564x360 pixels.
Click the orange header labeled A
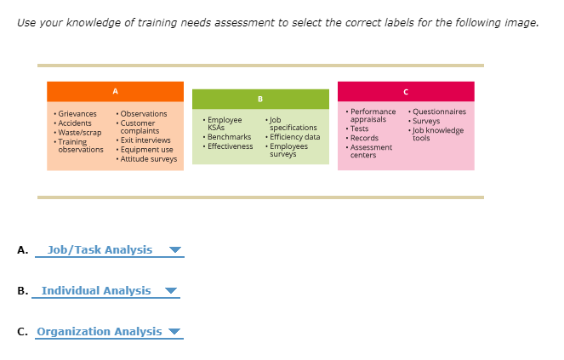click(115, 91)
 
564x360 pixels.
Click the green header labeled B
click(260, 99)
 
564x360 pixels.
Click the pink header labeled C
click(406, 91)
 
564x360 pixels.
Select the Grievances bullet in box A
click(77, 114)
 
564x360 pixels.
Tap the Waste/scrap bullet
click(79, 132)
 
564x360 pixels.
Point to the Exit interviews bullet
click(145, 140)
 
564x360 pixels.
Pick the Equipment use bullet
click(146, 150)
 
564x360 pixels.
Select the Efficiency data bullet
click(294, 137)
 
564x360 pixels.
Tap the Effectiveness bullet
click(230, 146)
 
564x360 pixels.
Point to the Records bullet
click(364, 138)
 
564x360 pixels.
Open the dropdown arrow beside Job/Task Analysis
click(175, 250)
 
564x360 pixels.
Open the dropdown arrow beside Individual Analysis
click(172, 291)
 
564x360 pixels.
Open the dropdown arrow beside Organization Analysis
click(175, 332)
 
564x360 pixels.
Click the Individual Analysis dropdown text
click(96, 291)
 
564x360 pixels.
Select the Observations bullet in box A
click(143, 114)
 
